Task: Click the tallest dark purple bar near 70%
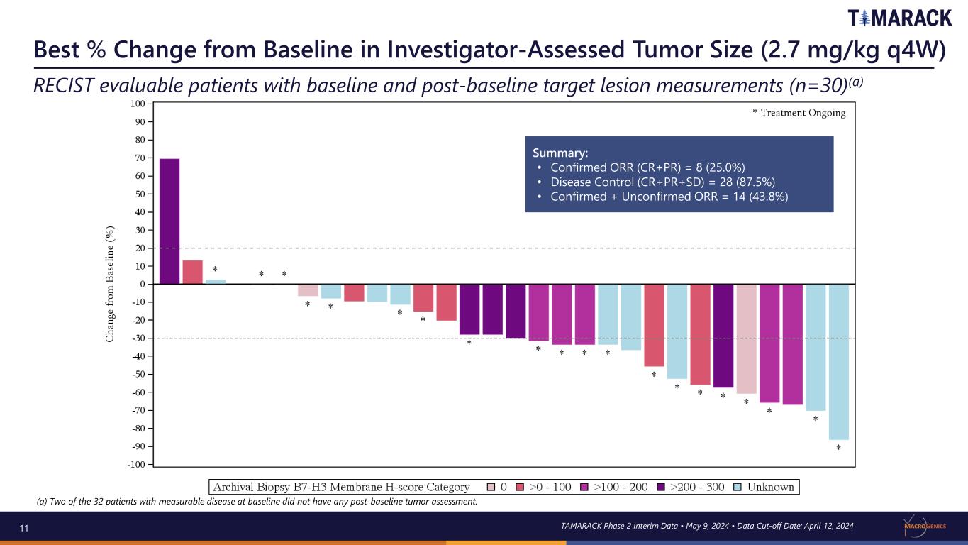[169, 221]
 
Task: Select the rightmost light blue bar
[838, 362]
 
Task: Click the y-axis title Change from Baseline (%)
[111, 284]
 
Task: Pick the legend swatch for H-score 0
[491, 488]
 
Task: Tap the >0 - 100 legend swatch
[520, 488]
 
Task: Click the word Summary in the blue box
[560, 153]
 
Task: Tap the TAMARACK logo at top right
[899, 18]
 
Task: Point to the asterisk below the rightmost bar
[838, 448]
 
